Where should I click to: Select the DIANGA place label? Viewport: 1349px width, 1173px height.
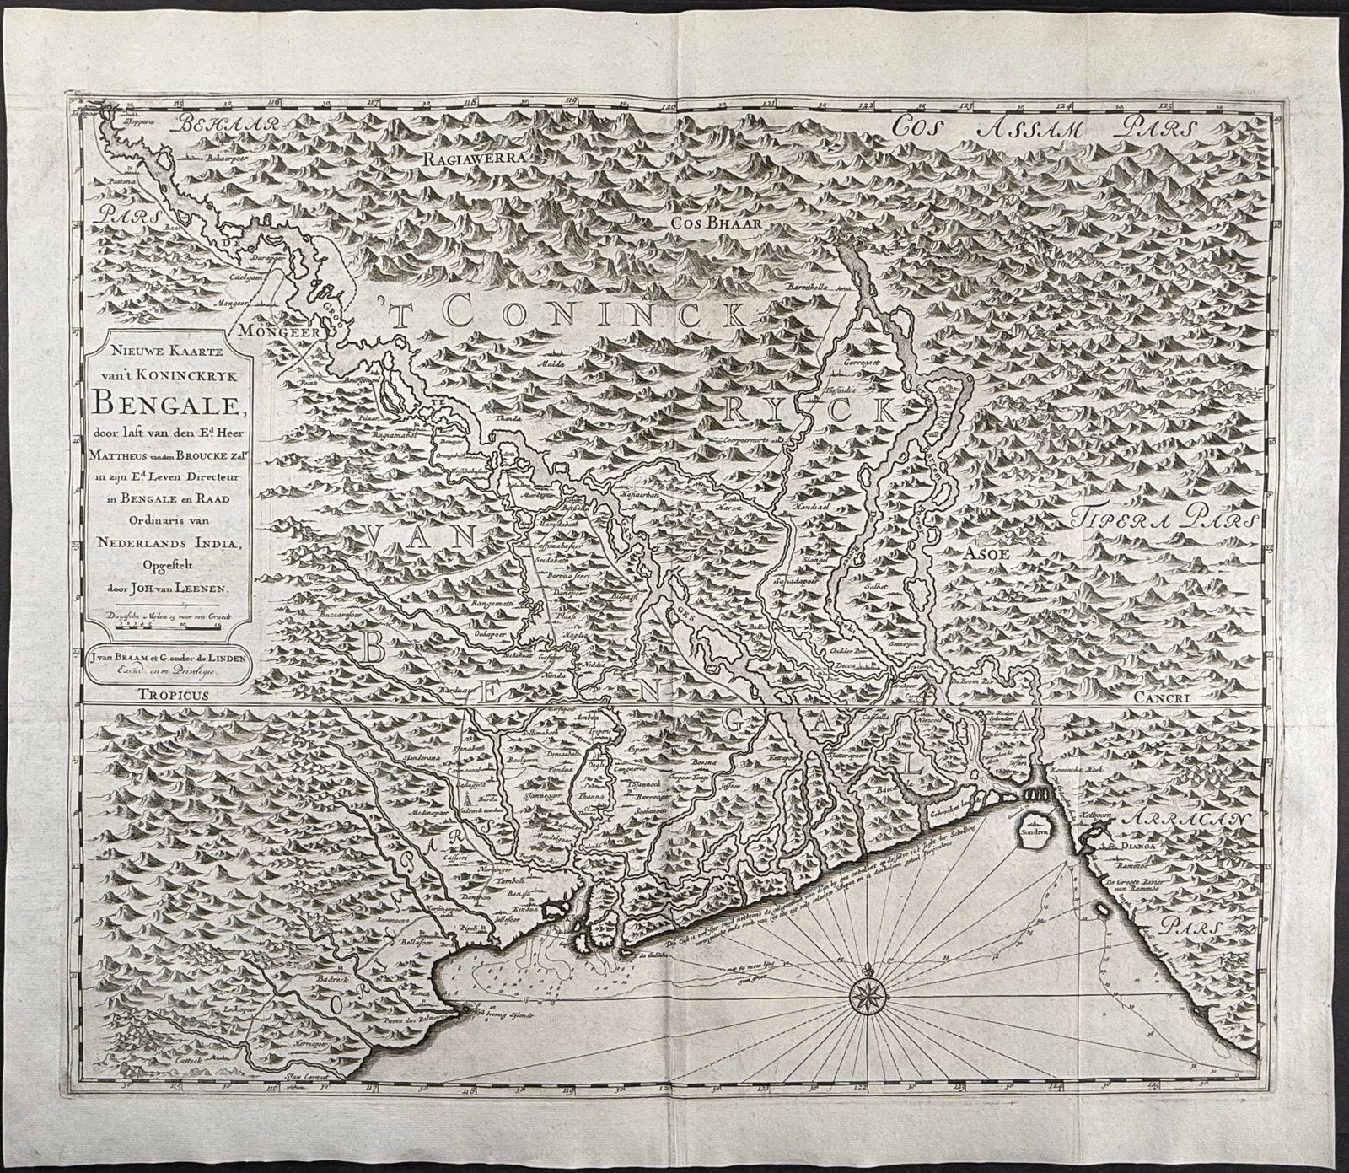point(1137,843)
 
